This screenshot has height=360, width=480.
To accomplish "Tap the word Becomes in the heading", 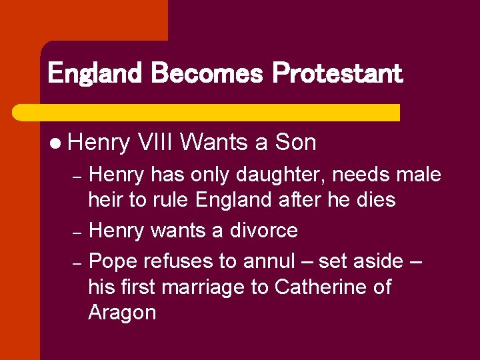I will click(x=207, y=73).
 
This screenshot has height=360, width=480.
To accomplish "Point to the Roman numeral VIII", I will click(x=155, y=142).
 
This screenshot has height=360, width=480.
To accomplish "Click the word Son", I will click(x=295, y=142).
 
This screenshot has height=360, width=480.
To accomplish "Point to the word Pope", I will click(x=112, y=261).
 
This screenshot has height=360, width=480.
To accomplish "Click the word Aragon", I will click(x=122, y=313).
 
